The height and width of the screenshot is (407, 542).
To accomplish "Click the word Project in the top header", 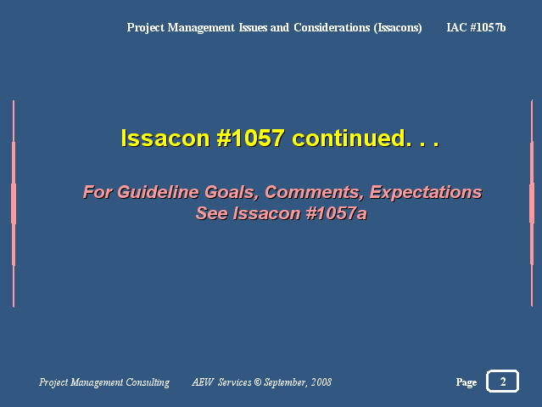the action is point(146,28).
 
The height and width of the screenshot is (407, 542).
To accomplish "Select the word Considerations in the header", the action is point(332,27).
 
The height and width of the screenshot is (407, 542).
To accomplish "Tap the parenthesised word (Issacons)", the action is point(398,28).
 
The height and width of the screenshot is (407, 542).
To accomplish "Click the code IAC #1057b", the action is point(476,27).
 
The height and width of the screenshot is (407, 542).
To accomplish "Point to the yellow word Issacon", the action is point(165,138).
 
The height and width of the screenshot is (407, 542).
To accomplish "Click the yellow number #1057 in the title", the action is point(250,138).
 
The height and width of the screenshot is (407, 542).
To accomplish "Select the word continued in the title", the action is point(349,138).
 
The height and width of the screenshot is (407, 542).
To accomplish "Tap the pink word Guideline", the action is point(158,192).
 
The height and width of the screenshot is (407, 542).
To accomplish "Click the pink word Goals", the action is point(232,193).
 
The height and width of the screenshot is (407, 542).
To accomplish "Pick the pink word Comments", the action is point(314,193).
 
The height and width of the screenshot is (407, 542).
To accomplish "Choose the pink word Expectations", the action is point(426,193).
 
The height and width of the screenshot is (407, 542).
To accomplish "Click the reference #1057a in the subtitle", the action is point(336,213).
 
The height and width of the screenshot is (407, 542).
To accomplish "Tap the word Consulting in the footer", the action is point(148,382).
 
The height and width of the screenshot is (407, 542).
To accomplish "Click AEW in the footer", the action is point(203,382).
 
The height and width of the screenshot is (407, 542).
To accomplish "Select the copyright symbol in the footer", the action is point(258,382).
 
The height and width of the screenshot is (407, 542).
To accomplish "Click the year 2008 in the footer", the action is point(321,382).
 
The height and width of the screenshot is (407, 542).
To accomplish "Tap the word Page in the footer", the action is point(467,382).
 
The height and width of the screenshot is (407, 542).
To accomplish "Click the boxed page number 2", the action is point(503,382).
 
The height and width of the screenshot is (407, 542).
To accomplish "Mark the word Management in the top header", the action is point(201,28).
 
